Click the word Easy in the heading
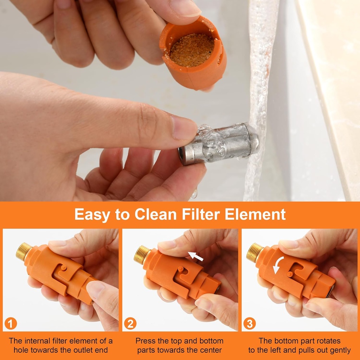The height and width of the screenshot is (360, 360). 91,215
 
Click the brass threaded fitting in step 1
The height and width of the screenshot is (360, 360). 24,251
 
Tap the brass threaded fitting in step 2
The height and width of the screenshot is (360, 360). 142,255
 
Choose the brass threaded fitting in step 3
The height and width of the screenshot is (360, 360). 255,252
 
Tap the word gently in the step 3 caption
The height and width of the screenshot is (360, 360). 339,350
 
